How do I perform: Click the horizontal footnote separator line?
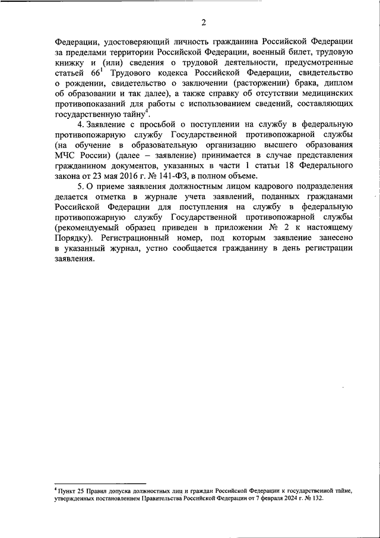100,484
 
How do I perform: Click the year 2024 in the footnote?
285,500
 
